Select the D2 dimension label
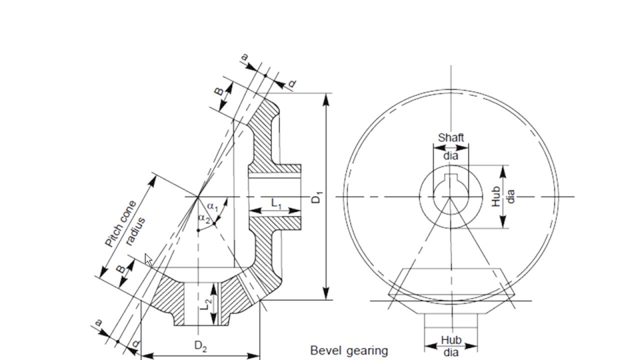[200, 346]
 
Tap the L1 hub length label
[276, 203]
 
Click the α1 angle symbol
[213, 206]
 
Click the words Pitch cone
[120, 224]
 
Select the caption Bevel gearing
[349, 350]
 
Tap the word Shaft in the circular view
[450, 137]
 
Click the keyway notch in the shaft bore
[450, 177]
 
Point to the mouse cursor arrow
[148, 259]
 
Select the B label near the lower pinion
[120, 269]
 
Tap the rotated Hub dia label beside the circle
[502, 196]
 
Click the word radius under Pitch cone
[135, 231]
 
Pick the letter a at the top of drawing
[244, 58]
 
